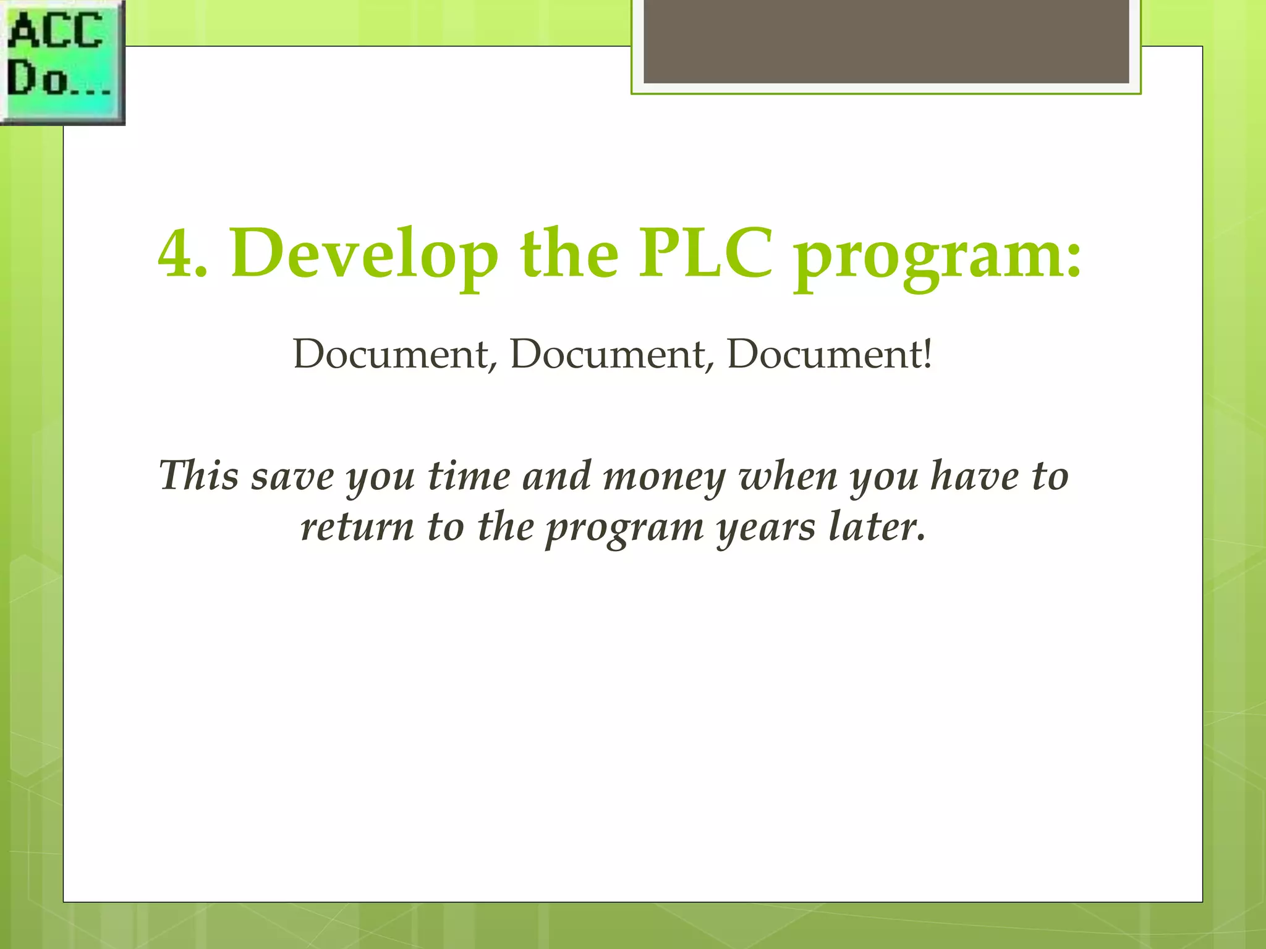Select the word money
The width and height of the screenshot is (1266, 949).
[x=664, y=478]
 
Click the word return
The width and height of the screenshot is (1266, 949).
[x=357, y=528]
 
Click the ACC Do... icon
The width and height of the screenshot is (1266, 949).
[x=62, y=62]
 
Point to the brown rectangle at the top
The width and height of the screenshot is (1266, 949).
[x=886, y=42]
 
